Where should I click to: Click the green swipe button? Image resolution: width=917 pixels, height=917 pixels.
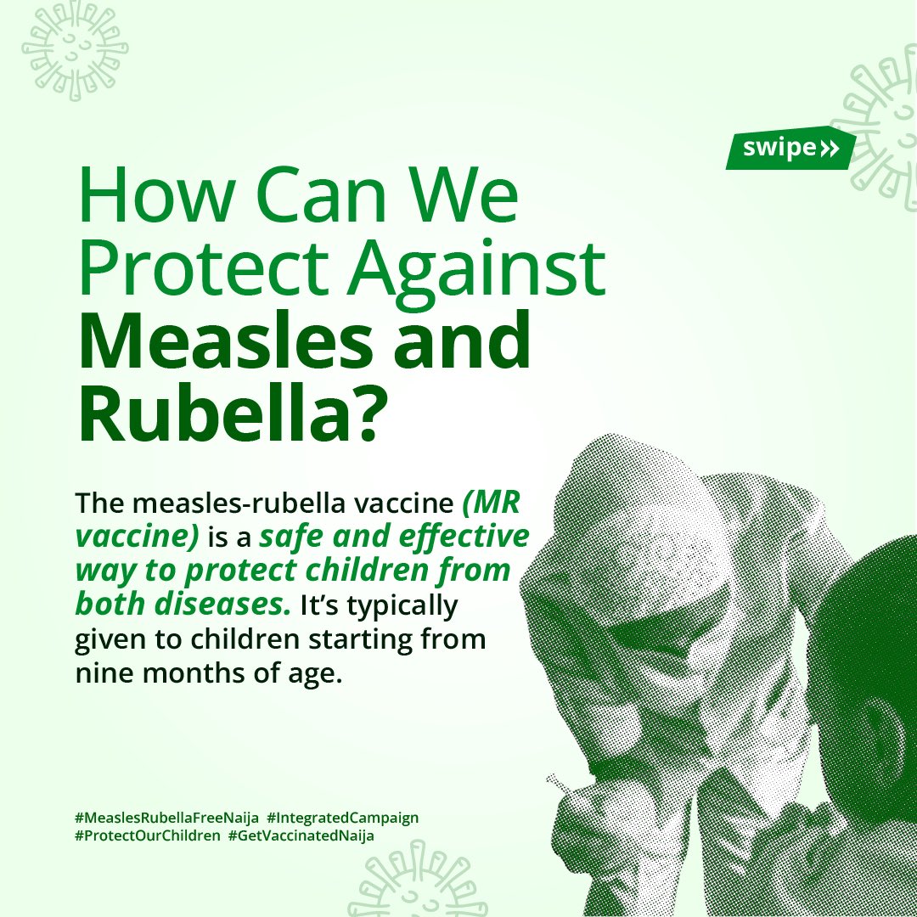[x=790, y=149]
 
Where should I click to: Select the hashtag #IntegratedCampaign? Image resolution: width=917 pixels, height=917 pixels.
[x=342, y=818]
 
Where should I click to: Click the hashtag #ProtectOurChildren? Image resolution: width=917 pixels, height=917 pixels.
[x=145, y=835]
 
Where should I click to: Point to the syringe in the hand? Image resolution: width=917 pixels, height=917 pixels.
[x=561, y=785]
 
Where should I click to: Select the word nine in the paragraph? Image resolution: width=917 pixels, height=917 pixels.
[x=103, y=678]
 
